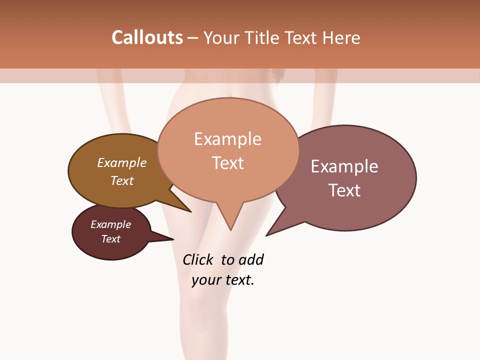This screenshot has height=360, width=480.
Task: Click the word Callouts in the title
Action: point(147,37)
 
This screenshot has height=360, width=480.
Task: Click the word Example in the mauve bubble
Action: point(344,166)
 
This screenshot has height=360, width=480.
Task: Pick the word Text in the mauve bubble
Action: point(344,190)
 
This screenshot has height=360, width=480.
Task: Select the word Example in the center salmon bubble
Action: point(227,139)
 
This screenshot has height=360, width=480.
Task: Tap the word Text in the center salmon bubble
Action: point(227,163)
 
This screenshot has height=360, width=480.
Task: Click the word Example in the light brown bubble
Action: point(122,163)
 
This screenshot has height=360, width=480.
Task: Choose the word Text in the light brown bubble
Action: point(122,180)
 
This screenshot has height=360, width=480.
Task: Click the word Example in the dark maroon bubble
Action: point(110,224)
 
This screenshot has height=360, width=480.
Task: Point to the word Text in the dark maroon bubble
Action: point(110,239)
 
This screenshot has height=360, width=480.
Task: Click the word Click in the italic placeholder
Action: point(197,260)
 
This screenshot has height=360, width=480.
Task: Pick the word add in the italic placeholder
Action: point(250,260)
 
